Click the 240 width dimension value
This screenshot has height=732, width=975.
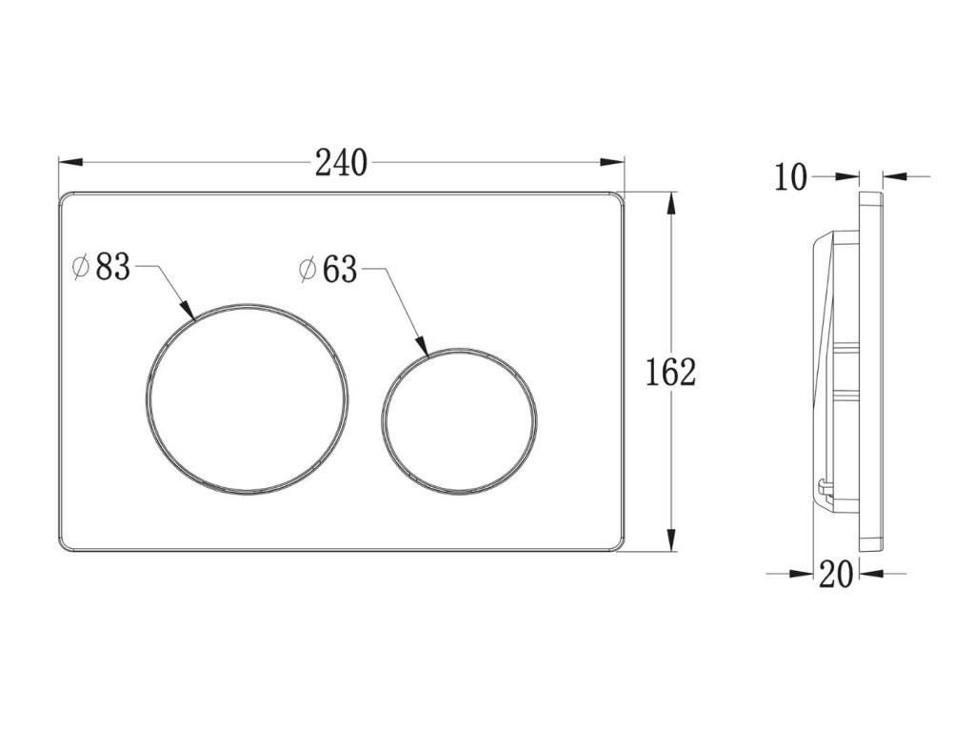342,163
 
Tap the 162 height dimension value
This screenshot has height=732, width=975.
671,373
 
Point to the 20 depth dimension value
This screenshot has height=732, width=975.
836,574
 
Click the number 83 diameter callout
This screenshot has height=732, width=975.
112,268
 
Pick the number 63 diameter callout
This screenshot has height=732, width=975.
340,270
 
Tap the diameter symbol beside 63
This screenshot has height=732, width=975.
308,270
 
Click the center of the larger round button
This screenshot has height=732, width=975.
248,399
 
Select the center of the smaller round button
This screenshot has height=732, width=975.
460,422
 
